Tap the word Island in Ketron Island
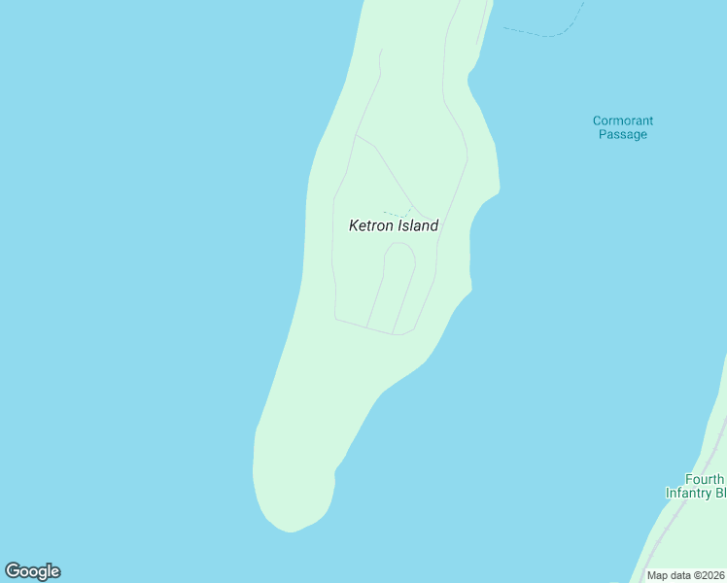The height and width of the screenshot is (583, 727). [x=418, y=225]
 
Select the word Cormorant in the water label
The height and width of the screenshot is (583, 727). [x=623, y=121]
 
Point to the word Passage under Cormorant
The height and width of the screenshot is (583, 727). [x=623, y=135]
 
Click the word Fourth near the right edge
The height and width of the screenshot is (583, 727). [x=705, y=480]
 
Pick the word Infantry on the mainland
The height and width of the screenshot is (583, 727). [x=690, y=494]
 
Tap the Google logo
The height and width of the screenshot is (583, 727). [x=32, y=571]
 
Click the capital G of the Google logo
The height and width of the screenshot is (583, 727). [x=13, y=570]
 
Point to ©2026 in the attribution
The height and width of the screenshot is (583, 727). [x=708, y=575]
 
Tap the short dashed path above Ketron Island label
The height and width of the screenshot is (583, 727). [x=396, y=213]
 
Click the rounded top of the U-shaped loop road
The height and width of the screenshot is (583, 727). [x=399, y=245]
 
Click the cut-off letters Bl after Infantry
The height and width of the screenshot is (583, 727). [x=720, y=494]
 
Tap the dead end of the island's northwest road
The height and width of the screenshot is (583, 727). [x=381, y=50]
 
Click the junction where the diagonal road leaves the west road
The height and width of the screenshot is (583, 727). [x=355, y=136]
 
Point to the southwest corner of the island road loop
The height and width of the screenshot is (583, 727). [x=336, y=317]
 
